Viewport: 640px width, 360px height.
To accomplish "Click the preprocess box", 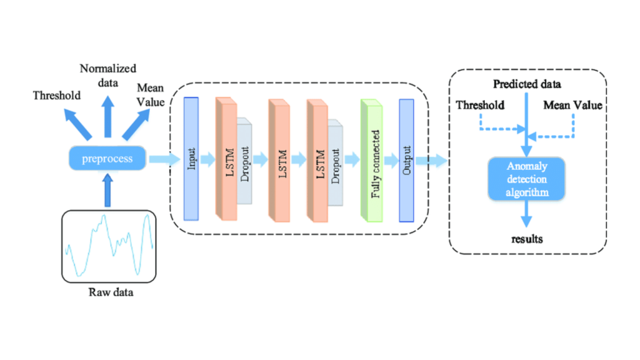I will tap(108, 159).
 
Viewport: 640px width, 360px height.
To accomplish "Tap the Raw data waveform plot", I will tap(108, 246).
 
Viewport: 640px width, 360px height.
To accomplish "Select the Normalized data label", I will tap(108, 75).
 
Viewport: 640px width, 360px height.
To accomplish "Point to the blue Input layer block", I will tap(191, 159).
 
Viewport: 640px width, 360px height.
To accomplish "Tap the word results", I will tap(527, 239).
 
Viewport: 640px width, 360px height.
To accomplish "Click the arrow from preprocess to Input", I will tap(162, 160).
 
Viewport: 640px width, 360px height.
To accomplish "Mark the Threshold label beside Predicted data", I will tap(480, 105).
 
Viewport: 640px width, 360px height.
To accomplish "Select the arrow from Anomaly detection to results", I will tap(527, 214).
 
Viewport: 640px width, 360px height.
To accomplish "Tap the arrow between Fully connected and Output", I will tap(391, 160).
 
